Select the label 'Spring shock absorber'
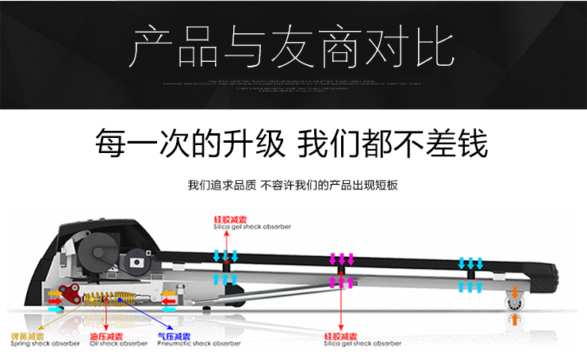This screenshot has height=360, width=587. [44, 343]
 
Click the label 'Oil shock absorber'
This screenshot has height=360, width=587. [118, 343]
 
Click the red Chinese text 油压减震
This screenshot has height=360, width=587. [106, 335]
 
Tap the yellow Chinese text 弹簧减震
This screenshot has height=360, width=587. [25, 335]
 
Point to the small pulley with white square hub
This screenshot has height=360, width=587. [137, 258]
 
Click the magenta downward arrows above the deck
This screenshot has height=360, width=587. [342, 259]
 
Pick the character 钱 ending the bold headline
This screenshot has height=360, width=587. [470, 144]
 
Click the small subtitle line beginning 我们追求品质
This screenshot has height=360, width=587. [292, 186]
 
